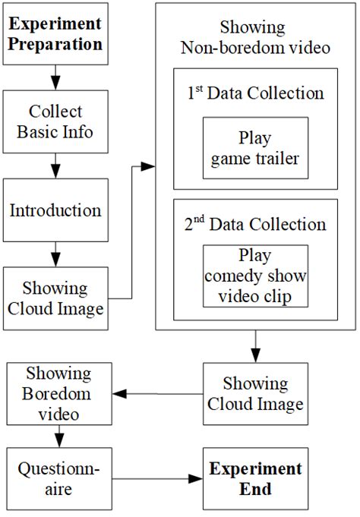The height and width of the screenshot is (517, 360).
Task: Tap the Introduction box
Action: (x=55, y=210)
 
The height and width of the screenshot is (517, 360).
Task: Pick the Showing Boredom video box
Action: (x=58, y=394)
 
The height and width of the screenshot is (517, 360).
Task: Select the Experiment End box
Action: (x=254, y=479)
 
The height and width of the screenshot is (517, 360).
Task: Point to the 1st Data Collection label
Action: (x=255, y=93)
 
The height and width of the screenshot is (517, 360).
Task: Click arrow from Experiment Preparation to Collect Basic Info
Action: (x=55, y=76)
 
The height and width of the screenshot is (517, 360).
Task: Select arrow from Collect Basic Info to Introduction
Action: (x=55, y=165)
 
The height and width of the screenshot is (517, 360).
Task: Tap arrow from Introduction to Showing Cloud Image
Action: (x=55, y=253)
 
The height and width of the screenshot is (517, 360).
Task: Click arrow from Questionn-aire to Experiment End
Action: (x=156, y=479)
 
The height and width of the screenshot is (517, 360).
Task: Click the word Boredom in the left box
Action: (x=58, y=394)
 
